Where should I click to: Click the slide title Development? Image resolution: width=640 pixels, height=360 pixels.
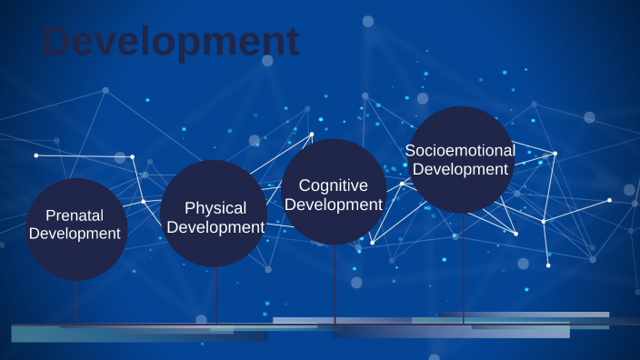coord(170,42)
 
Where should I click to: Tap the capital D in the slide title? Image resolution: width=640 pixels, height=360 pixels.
coord(57,41)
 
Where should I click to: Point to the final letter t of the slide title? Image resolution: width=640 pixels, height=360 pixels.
coord(290,42)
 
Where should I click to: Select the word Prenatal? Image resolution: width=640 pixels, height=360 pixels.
coord(75,215)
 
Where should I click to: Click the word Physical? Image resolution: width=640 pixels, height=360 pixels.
coord(215,208)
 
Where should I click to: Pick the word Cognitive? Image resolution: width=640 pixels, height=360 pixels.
coord(334,185)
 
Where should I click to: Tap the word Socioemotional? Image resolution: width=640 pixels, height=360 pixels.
coord(460,150)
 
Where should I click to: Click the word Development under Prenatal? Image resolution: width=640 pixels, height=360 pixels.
coord(75,234)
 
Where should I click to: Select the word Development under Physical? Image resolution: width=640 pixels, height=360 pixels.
coord(215,227)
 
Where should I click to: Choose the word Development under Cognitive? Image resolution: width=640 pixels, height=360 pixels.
coord(334,205)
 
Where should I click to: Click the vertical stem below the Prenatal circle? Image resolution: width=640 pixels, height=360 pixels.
coord(75,300)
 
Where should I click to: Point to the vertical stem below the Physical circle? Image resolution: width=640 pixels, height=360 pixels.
coord(217,295)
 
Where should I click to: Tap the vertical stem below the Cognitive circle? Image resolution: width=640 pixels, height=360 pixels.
coord(335,282)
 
